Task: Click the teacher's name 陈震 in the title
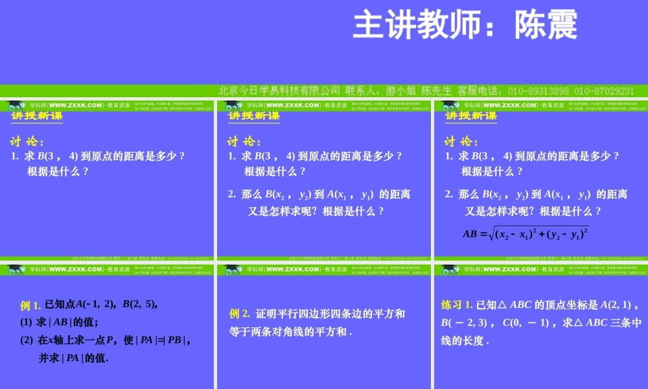pos(546,26)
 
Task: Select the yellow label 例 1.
pos(31,305)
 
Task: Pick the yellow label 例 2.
pos(240,314)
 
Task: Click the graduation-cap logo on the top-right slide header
pos(448,106)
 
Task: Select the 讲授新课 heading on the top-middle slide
pos(254,116)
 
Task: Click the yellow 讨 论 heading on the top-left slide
pos(28,142)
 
